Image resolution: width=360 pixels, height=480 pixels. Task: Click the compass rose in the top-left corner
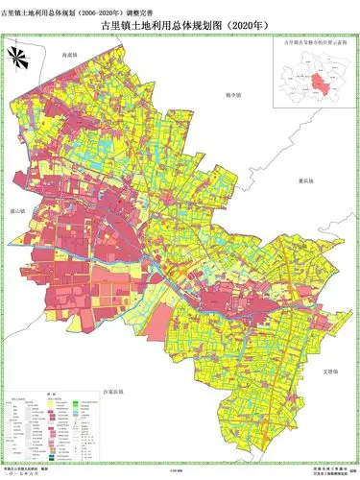[18, 56]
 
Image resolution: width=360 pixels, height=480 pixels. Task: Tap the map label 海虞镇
[69, 56]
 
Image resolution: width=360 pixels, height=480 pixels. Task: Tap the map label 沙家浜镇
[113, 393]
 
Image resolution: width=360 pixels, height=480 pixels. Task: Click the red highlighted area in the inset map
[312, 77]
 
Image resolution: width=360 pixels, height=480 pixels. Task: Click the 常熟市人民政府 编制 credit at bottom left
[27, 468]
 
